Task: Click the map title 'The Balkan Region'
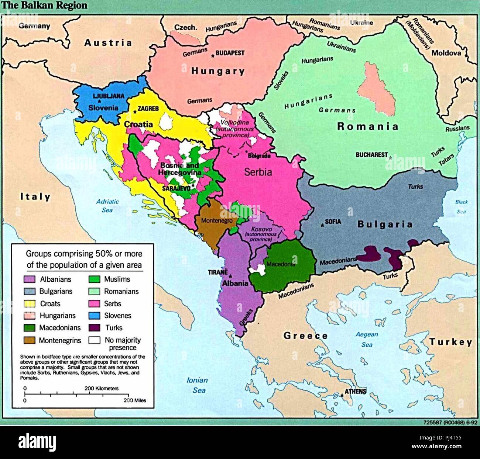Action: pyautogui.click(x=44, y=6)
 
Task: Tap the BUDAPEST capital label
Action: pyautogui.click(x=230, y=53)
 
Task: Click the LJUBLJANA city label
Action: pyautogui.click(x=109, y=96)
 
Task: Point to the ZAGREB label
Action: pyautogui.click(x=148, y=109)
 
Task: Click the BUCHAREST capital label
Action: pyautogui.click(x=371, y=155)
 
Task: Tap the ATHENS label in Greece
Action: pyautogui.click(x=355, y=392)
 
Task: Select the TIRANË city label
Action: pyautogui.click(x=217, y=272)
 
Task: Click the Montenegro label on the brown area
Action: pyautogui.click(x=217, y=221)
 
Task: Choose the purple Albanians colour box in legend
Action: pyautogui.click(x=30, y=279)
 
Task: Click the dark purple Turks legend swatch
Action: pyautogui.click(x=95, y=328)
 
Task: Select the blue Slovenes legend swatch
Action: pyautogui.click(x=95, y=316)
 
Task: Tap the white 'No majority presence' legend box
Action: pyautogui.click(x=95, y=340)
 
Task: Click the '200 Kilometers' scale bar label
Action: pyautogui.click(x=102, y=388)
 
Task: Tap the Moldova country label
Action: pyautogui.click(x=446, y=53)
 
